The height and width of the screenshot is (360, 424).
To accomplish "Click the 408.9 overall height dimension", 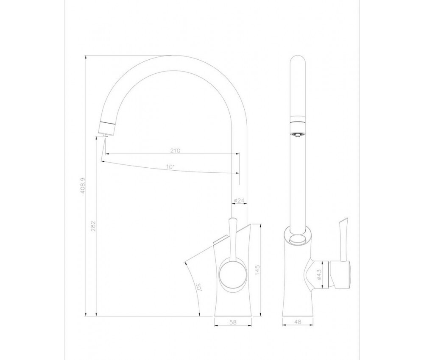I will tap(83, 186).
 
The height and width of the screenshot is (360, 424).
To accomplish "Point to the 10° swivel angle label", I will tap(170, 167).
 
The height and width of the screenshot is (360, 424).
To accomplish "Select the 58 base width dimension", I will tap(233, 322).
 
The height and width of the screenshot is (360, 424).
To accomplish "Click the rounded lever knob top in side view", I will tap(232, 220).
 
